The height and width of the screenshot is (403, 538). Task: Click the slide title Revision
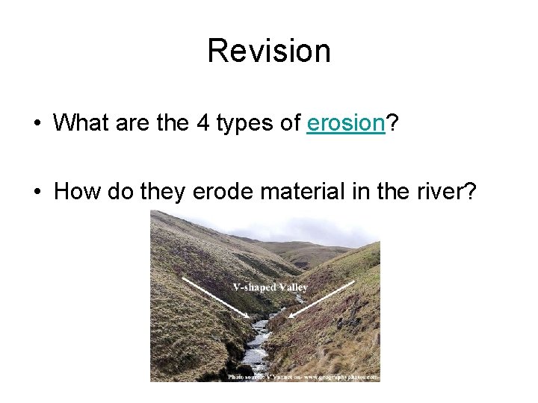(269, 51)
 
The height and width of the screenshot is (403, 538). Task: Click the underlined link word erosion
(345, 122)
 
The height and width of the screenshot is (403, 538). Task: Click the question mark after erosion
(391, 122)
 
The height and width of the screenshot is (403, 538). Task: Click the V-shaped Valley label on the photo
(270, 287)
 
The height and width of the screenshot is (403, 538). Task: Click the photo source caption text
(303, 377)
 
